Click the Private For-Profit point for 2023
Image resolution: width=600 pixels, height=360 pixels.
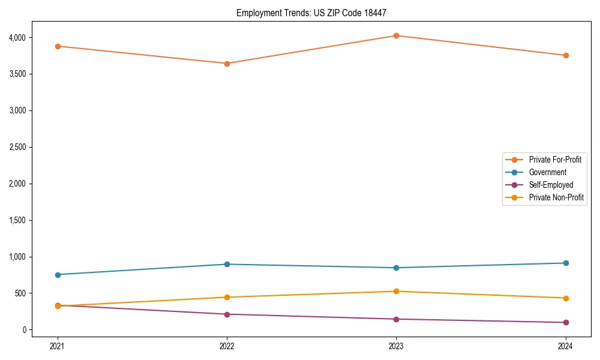pos(396,36)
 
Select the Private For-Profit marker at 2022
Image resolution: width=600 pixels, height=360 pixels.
pos(227,64)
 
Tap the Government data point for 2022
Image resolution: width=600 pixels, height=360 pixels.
pos(227,264)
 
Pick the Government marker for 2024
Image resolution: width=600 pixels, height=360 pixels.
pos(566,263)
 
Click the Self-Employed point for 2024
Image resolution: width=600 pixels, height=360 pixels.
pos(566,323)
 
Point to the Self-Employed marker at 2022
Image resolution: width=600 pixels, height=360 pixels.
pos(227,314)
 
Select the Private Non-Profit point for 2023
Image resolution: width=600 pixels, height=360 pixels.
pos(396,292)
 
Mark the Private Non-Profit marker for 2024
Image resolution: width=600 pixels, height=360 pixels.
pos(566,298)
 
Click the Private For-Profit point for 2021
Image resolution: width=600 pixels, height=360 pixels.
pos(58,46)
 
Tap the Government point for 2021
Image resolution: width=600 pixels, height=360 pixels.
pos(58,275)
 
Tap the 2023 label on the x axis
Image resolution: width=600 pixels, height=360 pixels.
pos(396,346)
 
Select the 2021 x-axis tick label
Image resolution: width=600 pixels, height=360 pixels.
pos(58,346)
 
